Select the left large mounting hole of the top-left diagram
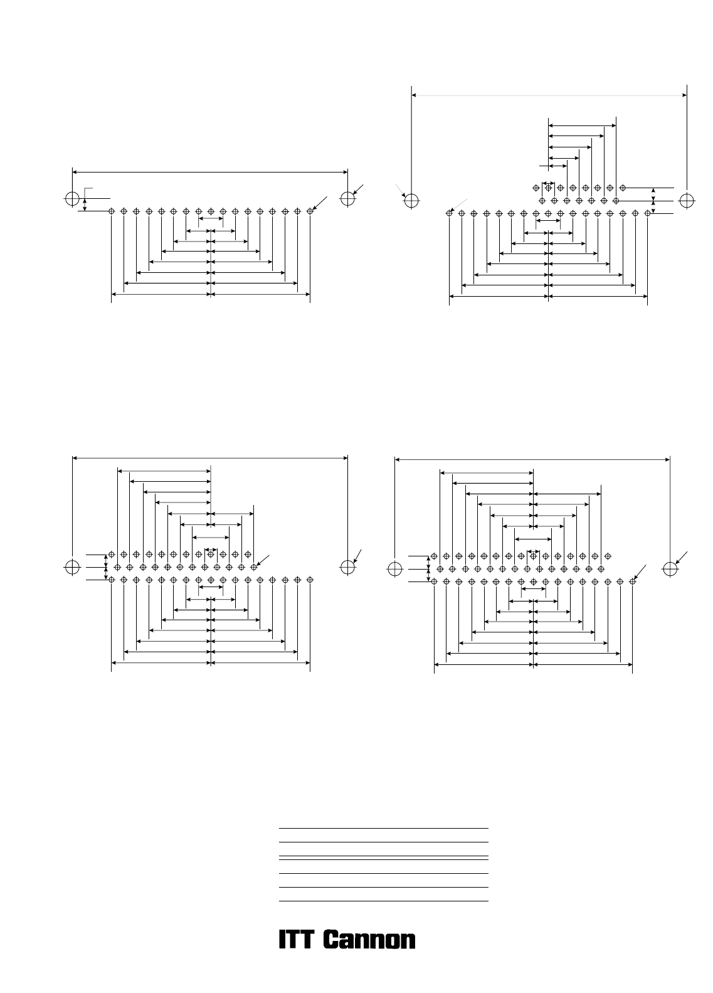click(x=72, y=199)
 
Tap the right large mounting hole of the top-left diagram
click(x=348, y=199)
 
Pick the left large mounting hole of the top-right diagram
click(x=411, y=201)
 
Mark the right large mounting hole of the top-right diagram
click(x=687, y=201)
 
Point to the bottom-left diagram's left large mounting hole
click(x=72, y=567)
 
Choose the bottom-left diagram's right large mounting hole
click(x=348, y=567)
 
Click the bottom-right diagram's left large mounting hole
click(x=395, y=569)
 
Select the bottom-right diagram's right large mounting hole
click(x=670, y=569)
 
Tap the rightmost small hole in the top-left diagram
click(x=310, y=211)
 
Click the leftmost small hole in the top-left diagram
click(x=112, y=211)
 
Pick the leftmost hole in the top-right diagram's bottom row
click(x=450, y=213)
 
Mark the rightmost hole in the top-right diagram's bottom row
click(x=647, y=213)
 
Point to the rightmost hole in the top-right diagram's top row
click(x=623, y=188)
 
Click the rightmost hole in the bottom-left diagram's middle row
click(x=253, y=567)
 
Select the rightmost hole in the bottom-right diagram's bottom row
click(x=632, y=581)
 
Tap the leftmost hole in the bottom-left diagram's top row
click(x=112, y=555)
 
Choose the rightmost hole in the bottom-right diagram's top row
click(x=608, y=556)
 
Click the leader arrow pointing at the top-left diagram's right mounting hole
click(x=358, y=189)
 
